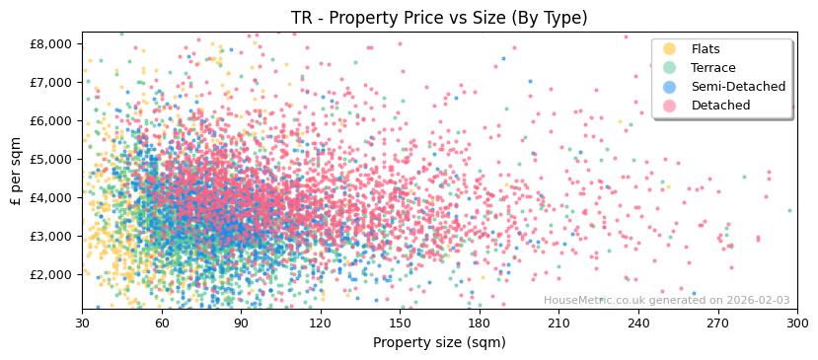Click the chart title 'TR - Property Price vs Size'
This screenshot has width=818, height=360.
coord(439,18)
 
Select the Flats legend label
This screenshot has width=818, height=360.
coord(706,49)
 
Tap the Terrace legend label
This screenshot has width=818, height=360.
coord(713,68)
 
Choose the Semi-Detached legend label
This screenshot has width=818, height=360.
coord(738,87)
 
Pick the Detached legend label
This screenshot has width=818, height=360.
coord(720,106)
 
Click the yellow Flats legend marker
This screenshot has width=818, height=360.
coord(670,49)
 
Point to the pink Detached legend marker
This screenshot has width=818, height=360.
coord(670,106)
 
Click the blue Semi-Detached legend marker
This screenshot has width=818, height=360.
coord(670,87)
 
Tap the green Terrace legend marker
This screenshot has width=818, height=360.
coord(670,68)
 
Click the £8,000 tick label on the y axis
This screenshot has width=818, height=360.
coord(52,43)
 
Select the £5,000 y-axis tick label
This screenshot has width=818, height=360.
coord(52,159)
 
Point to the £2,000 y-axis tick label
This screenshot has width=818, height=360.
coord(52,274)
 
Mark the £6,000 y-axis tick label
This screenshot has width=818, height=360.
coord(52,120)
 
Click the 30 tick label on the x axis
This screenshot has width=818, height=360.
coord(82,323)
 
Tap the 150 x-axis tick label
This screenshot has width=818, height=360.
coord(400,323)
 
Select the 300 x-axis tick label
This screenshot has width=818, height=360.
coord(797,323)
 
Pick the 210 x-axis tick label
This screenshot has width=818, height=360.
coord(558,323)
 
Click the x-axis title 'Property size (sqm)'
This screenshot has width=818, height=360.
coord(439,342)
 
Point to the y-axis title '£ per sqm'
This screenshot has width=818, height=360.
coord(16,172)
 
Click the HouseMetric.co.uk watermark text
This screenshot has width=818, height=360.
coord(666,301)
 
